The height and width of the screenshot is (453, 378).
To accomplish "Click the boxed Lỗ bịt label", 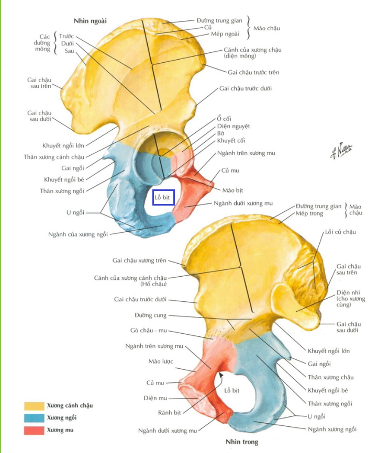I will (163, 198).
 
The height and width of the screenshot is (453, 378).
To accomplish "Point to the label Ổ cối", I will (224, 119).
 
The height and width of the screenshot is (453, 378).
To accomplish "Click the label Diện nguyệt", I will (234, 126).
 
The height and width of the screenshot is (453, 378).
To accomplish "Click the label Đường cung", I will (150, 315).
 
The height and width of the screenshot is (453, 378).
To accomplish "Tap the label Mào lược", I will (160, 361).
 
